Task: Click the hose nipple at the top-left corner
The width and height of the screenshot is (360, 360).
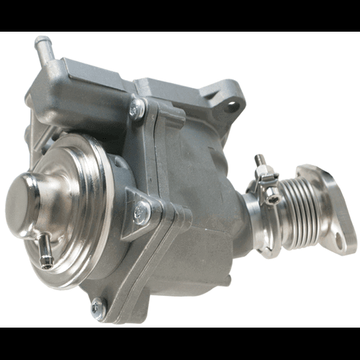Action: (43, 49)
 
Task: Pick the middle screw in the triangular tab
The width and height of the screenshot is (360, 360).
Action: (141, 212)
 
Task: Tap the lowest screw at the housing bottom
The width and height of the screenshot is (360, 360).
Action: (98, 308)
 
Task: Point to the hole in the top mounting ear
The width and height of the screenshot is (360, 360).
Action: (233, 107)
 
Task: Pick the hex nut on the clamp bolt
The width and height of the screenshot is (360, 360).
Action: (265, 173)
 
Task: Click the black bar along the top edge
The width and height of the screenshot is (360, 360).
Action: (180, 15)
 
